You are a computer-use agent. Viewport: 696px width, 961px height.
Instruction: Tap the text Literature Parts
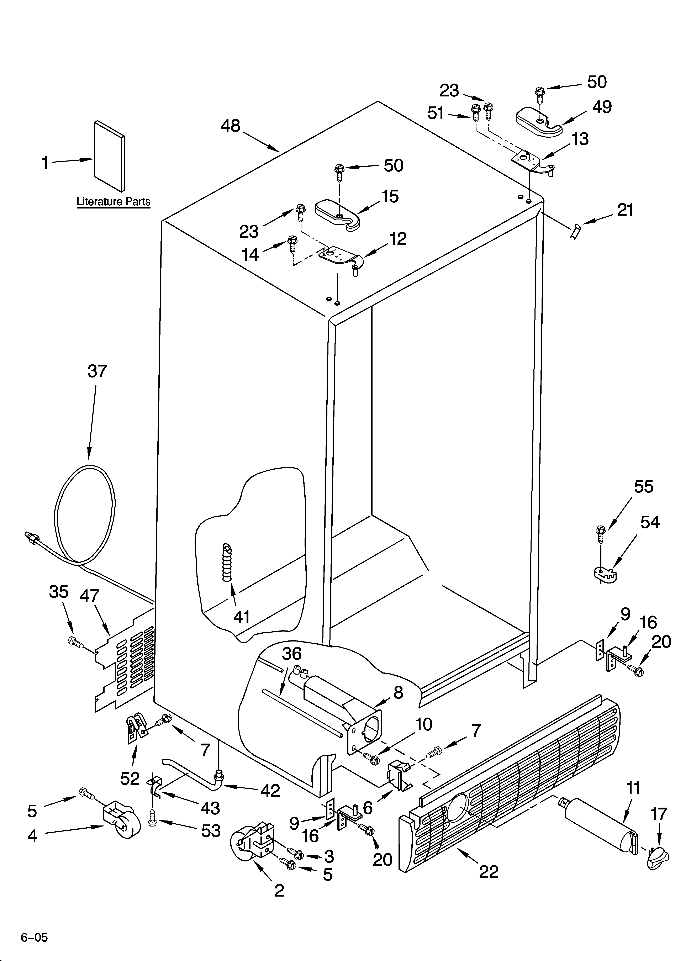point(113,202)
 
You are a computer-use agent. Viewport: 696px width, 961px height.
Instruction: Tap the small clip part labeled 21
point(575,232)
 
